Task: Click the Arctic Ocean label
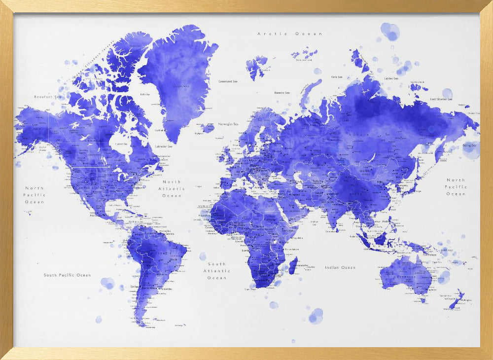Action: (290, 34)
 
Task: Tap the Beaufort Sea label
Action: (47, 97)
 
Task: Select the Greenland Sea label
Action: (229, 81)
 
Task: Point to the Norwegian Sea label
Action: (228, 124)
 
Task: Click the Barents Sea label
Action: (282, 93)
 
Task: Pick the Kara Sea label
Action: (337, 77)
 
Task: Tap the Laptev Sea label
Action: (391, 78)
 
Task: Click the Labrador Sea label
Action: (164, 146)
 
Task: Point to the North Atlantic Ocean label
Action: (172, 189)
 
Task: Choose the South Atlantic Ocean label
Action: (216, 271)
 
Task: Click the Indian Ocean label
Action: (340, 267)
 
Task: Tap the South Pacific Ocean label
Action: (67, 275)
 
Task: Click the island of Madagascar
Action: (293, 268)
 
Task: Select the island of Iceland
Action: (208, 128)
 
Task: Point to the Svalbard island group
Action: (256, 66)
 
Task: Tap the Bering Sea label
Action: (470, 145)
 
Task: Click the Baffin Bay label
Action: (145, 94)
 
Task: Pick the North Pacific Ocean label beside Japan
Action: (456, 187)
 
